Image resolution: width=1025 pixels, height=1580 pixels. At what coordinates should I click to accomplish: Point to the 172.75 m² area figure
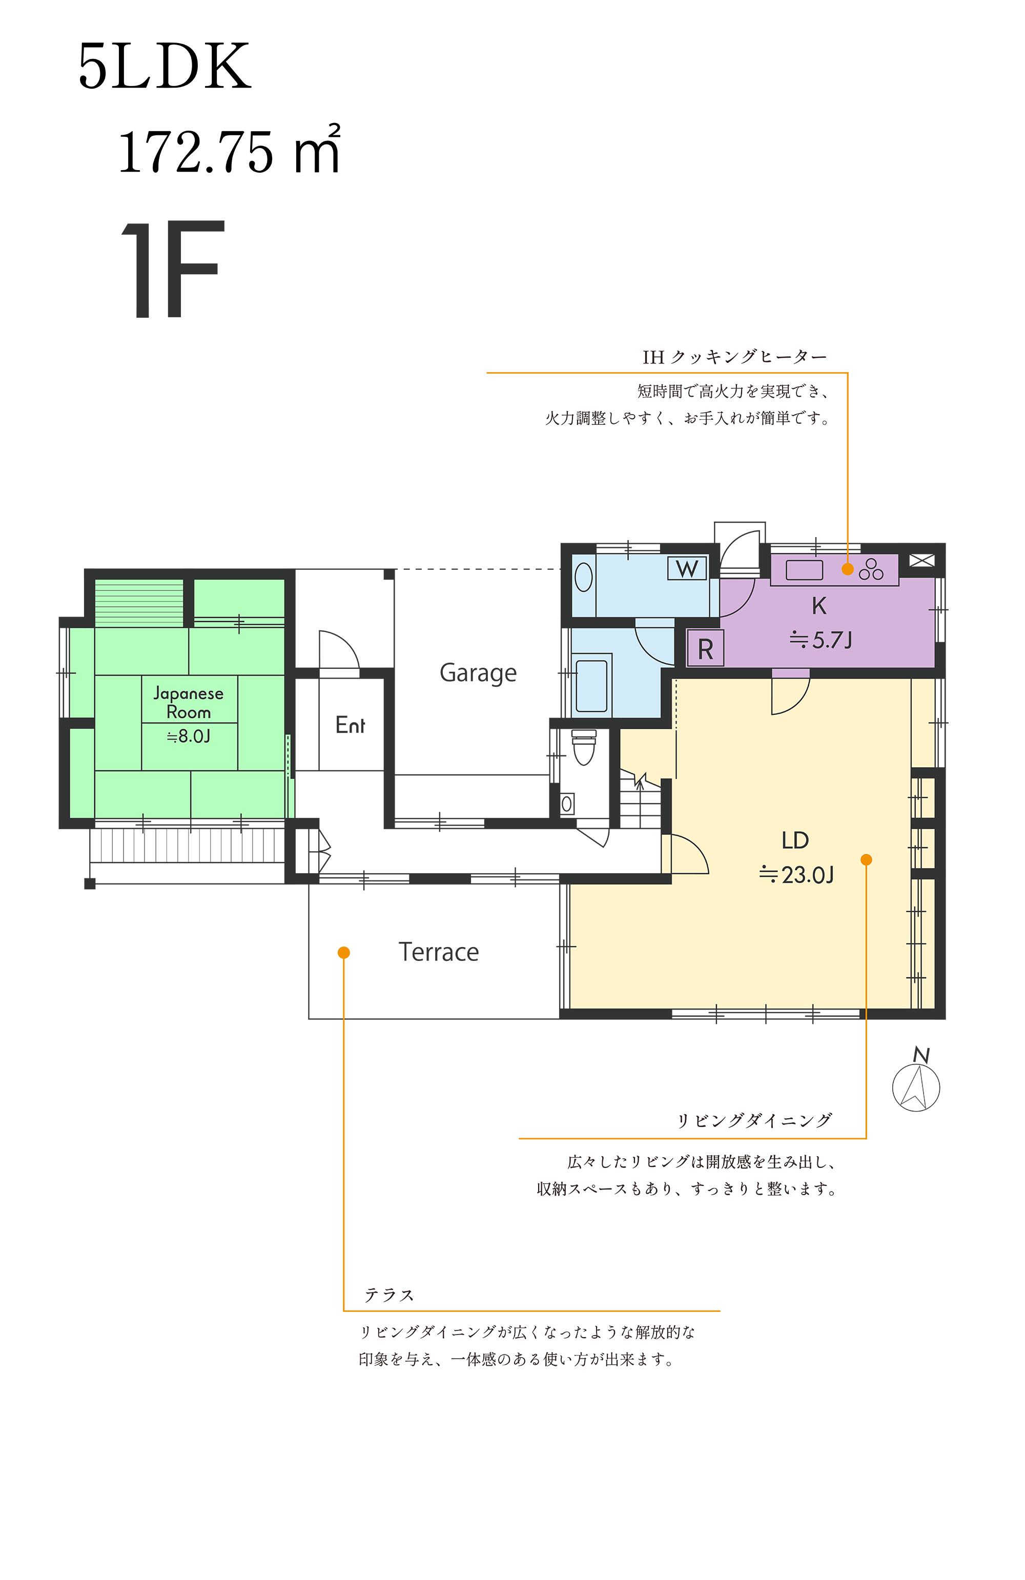(229, 150)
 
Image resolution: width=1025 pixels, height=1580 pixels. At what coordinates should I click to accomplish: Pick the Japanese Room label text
(189, 703)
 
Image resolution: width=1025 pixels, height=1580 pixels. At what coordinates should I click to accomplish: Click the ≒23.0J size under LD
(796, 875)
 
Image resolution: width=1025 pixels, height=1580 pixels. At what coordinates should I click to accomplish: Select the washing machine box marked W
(686, 568)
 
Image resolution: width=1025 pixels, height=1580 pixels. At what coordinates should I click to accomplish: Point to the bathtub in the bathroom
(591, 686)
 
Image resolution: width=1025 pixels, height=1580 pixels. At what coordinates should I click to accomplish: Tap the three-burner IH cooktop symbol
(871, 569)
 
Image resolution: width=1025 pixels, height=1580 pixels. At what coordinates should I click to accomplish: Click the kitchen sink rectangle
(804, 569)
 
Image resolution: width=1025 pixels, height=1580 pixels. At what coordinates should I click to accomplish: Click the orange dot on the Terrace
(344, 953)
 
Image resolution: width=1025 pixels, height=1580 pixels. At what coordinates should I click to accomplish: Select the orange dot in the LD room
(866, 860)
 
